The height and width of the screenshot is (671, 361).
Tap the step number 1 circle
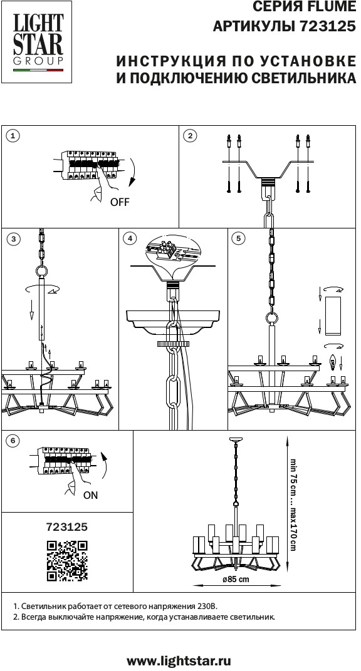[13, 136]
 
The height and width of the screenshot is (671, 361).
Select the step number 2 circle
[190, 136]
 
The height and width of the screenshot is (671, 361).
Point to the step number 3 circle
[13, 238]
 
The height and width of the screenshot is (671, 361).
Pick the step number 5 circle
[238, 238]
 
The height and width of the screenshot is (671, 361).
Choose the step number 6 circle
[13, 441]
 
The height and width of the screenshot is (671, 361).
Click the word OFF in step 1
[120, 202]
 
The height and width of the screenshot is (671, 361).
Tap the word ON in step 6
[90, 495]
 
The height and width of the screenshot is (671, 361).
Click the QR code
[67, 561]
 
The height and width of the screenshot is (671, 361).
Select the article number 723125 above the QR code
[67, 527]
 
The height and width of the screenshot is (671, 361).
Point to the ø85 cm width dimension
[236, 580]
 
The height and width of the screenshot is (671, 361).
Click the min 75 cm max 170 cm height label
[293, 505]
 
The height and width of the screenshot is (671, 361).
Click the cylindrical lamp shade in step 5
[332, 315]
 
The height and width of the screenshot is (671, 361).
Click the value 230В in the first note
[207, 607]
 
